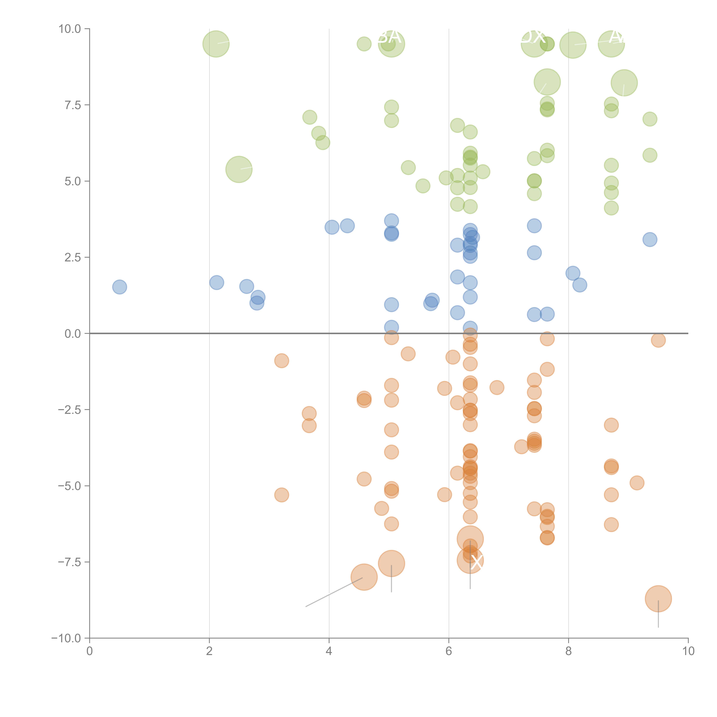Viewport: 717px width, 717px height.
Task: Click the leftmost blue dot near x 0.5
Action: click(119, 287)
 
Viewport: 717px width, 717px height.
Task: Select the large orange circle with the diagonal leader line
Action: click(364, 577)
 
